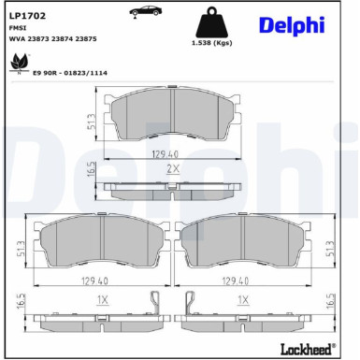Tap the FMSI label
coord(19,29)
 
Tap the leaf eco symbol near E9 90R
coord(16,64)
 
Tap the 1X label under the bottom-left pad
coord(103,300)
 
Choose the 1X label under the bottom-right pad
coord(242,300)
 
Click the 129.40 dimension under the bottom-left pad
coord(103,279)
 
